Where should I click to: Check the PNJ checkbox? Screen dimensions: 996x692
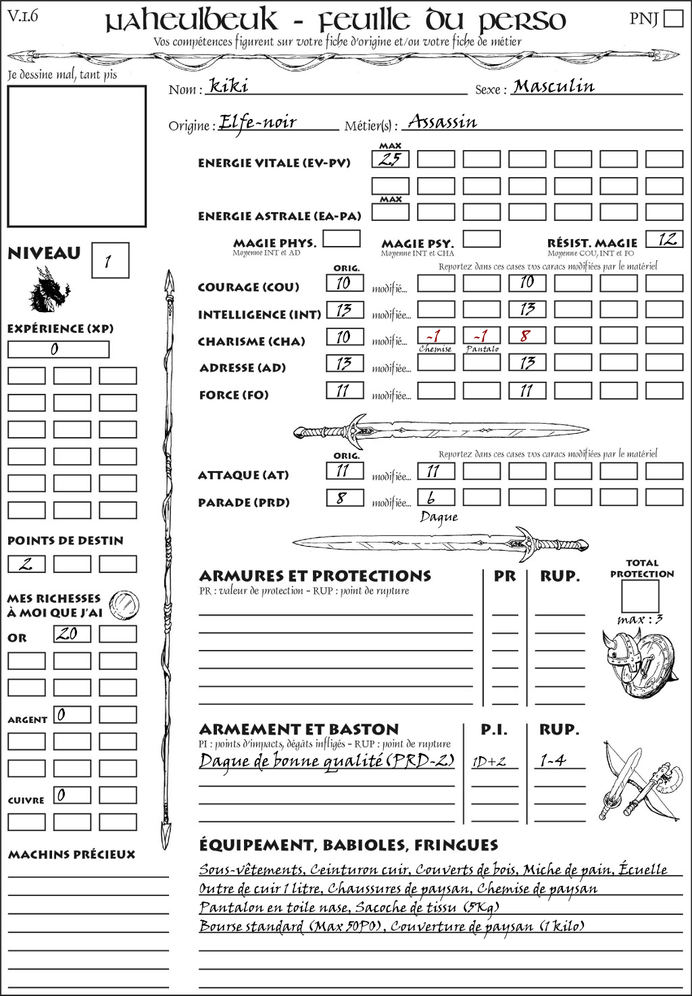[x=673, y=18]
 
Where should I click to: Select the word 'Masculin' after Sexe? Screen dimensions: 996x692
[x=553, y=86]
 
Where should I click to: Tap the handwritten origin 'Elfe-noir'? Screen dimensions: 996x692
[x=257, y=122]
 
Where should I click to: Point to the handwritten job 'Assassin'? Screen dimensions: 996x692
[x=443, y=122]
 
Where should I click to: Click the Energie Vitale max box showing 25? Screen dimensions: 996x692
[x=390, y=159]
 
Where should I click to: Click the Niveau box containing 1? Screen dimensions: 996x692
[x=109, y=261]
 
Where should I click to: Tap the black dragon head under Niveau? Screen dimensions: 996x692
[x=49, y=291]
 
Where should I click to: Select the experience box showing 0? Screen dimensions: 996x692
[x=58, y=349]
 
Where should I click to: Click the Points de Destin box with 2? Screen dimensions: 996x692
[x=26, y=564]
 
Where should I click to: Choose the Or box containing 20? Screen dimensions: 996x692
[x=72, y=634]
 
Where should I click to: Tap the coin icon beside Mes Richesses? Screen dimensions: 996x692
[x=124, y=603]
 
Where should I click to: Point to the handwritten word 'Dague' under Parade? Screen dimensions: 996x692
[x=439, y=518]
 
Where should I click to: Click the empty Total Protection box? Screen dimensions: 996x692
[x=640, y=595]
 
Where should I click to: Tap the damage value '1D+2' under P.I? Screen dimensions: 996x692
[x=489, y=762]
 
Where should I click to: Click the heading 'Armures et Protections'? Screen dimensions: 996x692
[x=315, y=576]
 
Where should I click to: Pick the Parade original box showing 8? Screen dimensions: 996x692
[x=344, y=499]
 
